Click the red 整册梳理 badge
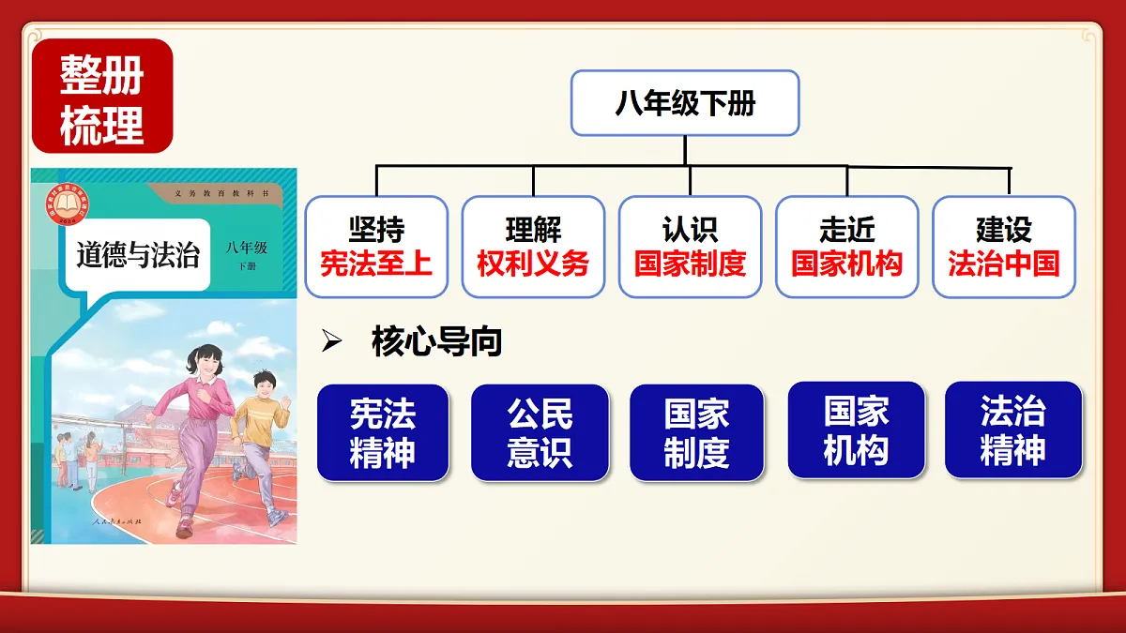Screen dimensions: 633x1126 pos(102,97)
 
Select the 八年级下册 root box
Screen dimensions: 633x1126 pos(685,103)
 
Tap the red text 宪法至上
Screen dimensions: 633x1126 pos(376,264)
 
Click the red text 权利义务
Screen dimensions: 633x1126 pos(533,264)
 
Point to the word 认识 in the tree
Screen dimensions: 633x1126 pos(690,230)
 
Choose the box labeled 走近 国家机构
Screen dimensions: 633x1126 pos(846,247)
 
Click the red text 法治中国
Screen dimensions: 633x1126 pos(1003,264)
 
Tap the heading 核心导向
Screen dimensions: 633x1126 pos(437,342)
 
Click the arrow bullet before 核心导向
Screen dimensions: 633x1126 pos(330,343)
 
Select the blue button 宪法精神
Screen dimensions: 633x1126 pos(383,433)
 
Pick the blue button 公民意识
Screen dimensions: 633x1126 pos(540,433)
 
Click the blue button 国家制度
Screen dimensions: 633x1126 pos(696,433)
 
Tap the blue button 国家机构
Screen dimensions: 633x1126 pos(856,431)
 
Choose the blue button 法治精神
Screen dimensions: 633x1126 pos(1012,431)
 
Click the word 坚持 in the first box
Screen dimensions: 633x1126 pos(376,230)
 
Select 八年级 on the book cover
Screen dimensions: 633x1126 pos(246,248)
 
